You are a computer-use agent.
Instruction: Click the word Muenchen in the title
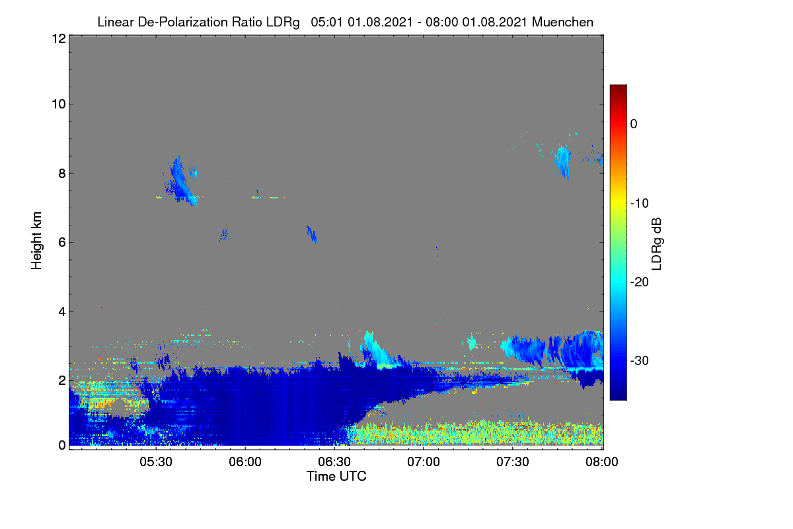(x=562, y=22)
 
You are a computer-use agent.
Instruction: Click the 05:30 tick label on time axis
(x=156, y=462)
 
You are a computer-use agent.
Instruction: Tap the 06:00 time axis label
(x=245, y=462)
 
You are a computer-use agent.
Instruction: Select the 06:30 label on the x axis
(x=334, y=462)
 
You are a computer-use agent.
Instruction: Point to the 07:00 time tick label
(x=424, y=462)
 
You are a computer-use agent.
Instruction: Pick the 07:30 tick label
(x=513, y=462)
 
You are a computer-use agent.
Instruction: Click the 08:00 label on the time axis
(x=602, y=462)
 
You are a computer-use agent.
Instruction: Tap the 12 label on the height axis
(x=59, y=38)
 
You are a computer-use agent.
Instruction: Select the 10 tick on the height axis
(x=59, y=104)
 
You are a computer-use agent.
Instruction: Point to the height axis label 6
(x=62, y=243)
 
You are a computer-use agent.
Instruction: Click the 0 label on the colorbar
(x=634, y=124)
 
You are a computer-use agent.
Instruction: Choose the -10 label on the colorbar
(x=640, y=204)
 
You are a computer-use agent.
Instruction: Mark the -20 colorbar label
(x=640, y=282)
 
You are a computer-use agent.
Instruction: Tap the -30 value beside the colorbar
(x=640, y=360)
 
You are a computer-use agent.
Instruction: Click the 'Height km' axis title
(x=36, y=241)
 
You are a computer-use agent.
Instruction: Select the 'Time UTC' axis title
(x=336, y=476)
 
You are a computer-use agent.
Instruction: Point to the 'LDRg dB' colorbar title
(x=657, y=244)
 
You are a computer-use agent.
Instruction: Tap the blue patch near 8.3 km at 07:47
(x=562, y=161)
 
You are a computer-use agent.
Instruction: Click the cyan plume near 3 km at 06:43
(x=378, y=350)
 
